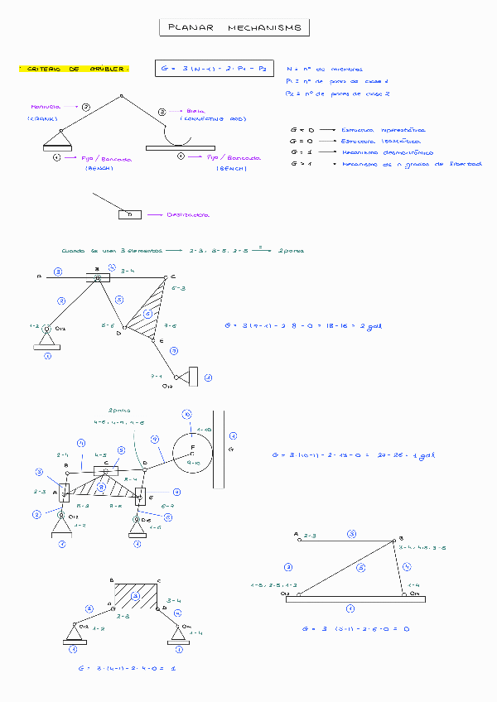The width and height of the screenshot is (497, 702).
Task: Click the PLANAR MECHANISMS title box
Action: [234, 28]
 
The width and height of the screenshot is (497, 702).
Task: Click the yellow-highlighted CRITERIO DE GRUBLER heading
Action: [74, 69]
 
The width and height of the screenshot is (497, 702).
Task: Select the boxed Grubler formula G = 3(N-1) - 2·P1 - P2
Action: [214, 69]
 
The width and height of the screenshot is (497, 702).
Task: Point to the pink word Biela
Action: [195, 110]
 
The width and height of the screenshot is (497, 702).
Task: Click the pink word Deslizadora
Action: [187, 214]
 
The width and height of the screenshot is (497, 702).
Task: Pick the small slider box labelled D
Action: [129, 214]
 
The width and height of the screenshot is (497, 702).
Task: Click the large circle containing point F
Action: [192, 450]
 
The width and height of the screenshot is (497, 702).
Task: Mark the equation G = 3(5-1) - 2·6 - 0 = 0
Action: [357, 628]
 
